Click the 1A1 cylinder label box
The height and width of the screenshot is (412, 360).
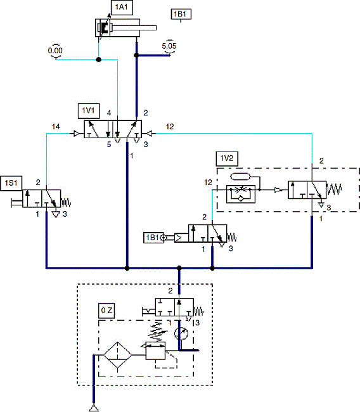coord(120,7)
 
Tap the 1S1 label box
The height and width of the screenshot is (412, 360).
coord(11,183)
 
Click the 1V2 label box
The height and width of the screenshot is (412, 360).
coord(227,158)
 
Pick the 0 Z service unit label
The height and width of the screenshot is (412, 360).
coord(107,311)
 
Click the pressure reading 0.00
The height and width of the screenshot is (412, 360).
coord(56,50)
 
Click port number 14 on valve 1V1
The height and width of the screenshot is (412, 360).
coord(56,127)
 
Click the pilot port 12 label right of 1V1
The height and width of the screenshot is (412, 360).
coord(169,127)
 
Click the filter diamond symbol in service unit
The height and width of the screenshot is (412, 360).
coord(117,351)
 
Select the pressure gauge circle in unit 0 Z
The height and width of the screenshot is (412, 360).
coord(181,333)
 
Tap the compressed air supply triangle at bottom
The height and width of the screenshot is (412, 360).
coord(93,407)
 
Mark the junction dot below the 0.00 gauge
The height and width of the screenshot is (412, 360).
coord(98,60)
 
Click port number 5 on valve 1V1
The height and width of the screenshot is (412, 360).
coord(108,145)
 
